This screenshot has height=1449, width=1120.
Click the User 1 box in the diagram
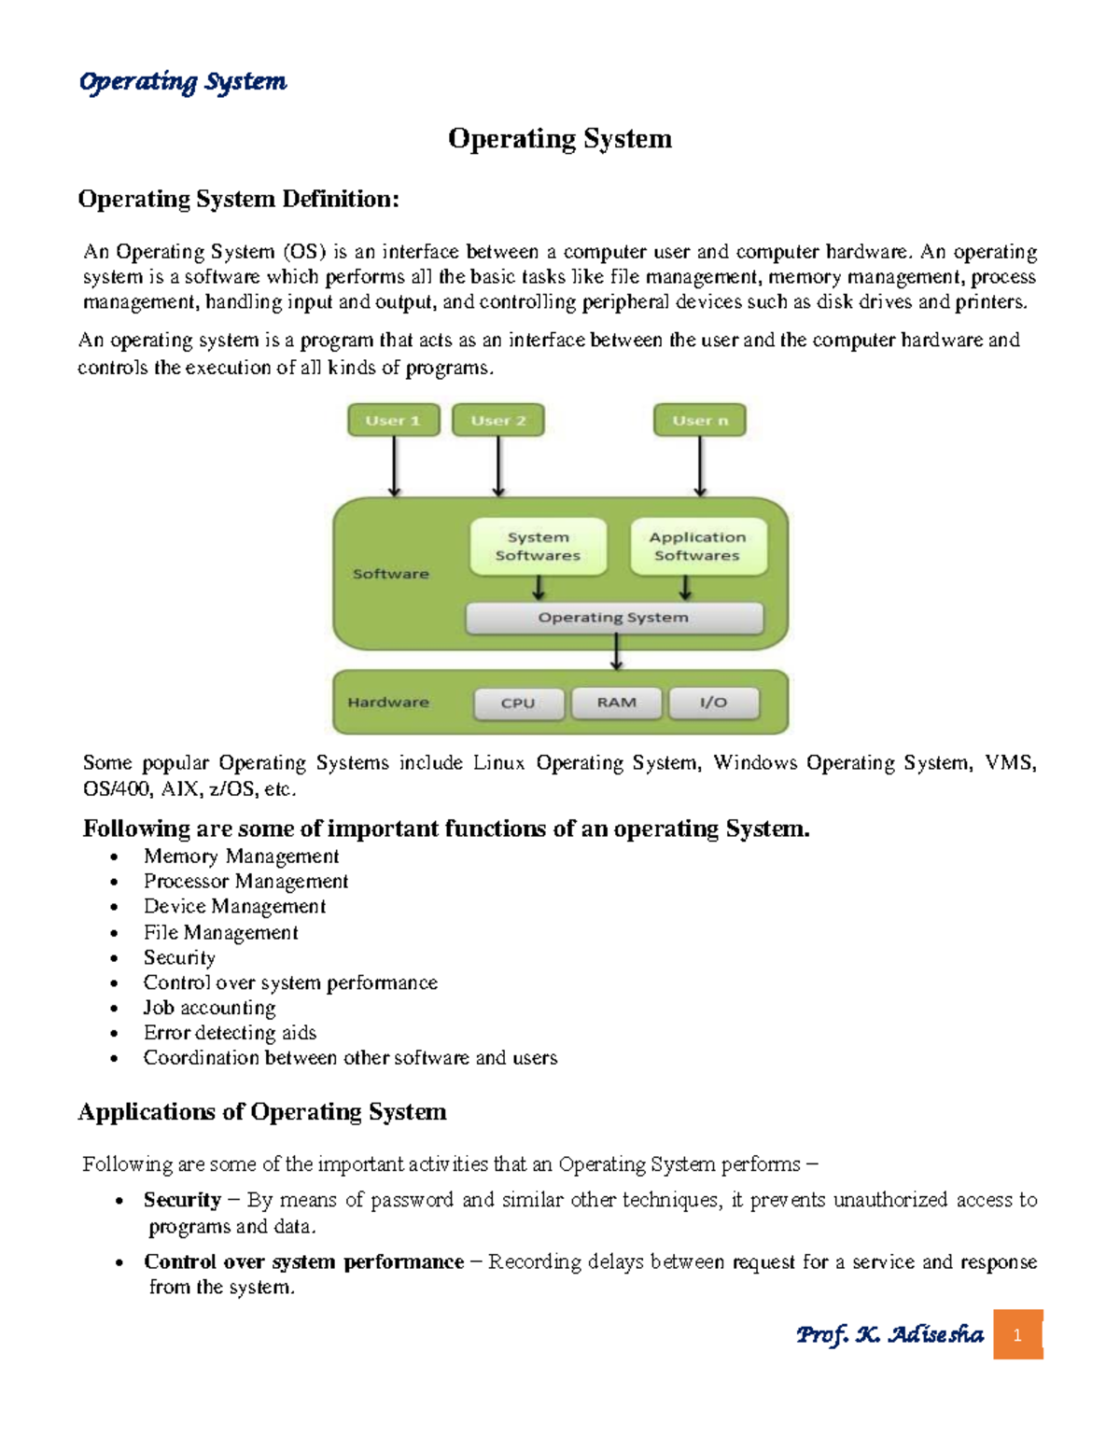[x=393, y=420]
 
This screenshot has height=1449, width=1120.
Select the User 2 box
[x=497, y=420]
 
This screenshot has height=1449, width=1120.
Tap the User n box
[x=699, y=420]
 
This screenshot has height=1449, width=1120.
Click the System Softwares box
[x=538, y=546]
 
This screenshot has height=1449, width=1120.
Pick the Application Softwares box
[x=698, y=546]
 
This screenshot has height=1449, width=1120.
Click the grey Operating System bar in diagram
[x=613, y=618]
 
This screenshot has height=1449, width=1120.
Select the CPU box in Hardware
[x=518, y=704]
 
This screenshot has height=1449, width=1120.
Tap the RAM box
[x=616, y=703]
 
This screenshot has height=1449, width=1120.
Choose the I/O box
[x=713, y=703]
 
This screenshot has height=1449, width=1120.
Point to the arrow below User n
[x=700, y=466]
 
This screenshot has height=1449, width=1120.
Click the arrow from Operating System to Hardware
[x=616, y=652]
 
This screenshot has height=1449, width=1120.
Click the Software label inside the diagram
[x=390, y=574]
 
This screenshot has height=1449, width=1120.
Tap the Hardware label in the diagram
[x=388, y=703]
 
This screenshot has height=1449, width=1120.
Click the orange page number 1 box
[x=1017, y=1334]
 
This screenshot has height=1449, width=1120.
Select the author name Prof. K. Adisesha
[x=889, y=1334]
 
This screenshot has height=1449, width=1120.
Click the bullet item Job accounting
[x=209, y=1008]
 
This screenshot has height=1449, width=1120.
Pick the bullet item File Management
[x=220, y=932]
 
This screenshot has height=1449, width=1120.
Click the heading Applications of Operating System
[x=262, y=1111]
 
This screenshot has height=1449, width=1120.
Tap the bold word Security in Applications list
[x=182, y=1200]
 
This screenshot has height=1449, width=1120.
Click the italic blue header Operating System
[x=183, y=82]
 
